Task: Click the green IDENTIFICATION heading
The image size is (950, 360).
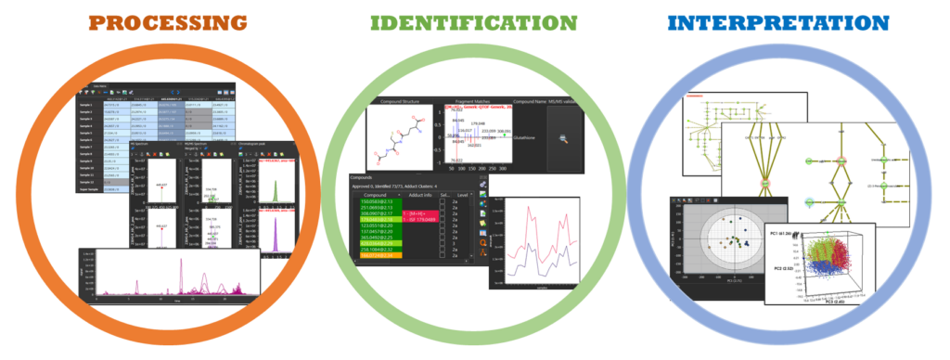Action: (x=474, y=22)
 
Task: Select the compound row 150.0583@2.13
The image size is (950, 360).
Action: (x=376, y=200)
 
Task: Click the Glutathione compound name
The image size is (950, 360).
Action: (x=525, y=133)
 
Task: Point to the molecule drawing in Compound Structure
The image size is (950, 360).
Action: (x=399, y=139)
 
